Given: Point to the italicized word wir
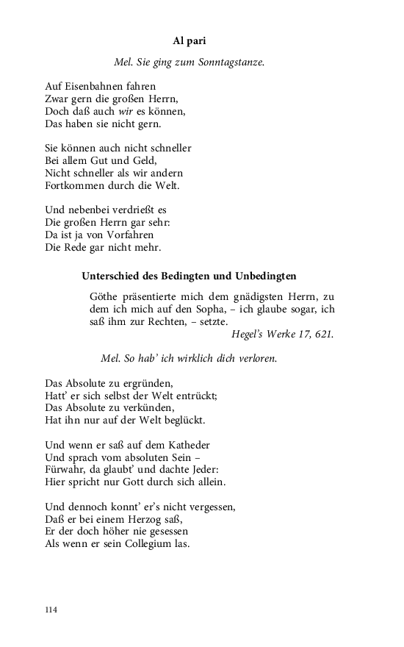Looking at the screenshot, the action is pyautogui.click(x=129, y=111).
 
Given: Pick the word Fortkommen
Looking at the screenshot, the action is pyautogui.click(x=74, y=185).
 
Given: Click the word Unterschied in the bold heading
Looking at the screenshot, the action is pyautogui.click(x=109, y=276).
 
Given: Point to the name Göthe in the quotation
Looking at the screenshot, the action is pyautogui.click(x=104, y=296).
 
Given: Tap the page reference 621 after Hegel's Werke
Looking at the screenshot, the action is pyautogui.click(x=324, y=334).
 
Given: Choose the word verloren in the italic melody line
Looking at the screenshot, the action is pyautogui.click(x=253, y=359).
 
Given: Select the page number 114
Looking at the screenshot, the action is pyautogui.click(x=51, y=610).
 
